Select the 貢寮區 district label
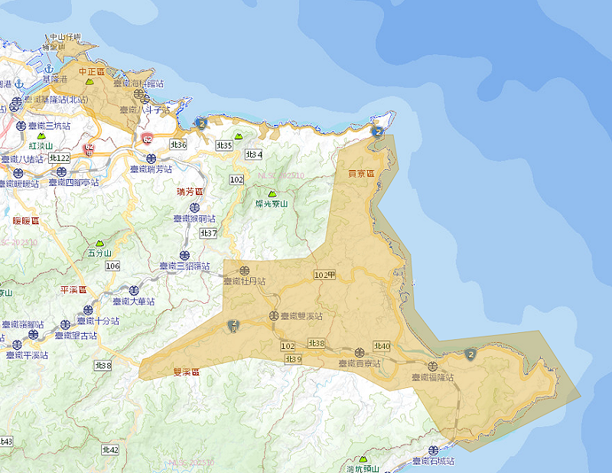pyautogui.click(x=361, y=174)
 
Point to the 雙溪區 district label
pyautogui.click(x=187, y=372)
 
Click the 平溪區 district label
pyautogui.click(x=73, y=290)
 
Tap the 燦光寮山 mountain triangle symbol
pyautogui.click(x=272, y=194)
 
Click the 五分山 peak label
pyautogui.click(x=100, y=253)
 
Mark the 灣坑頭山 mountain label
pyautogui.click(x=363, y=468)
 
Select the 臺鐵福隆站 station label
pyautogui.click(x=432, y=377)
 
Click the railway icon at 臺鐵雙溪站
pyautogui.click(x=273, y=315)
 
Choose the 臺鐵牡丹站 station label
pyautogui.click(x=244, y=282)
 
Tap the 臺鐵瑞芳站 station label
pyautogui.click(x=151, y=169)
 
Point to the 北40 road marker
pyautogui.click(x=382, y=347)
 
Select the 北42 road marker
pyautogui.click(x=110, y=450)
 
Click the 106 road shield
pyautogui.click(x=113, y=266)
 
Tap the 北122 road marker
pyautogui.click(x=59, y=158)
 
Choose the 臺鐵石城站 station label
pyautogui.click(x=432, y=462)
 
